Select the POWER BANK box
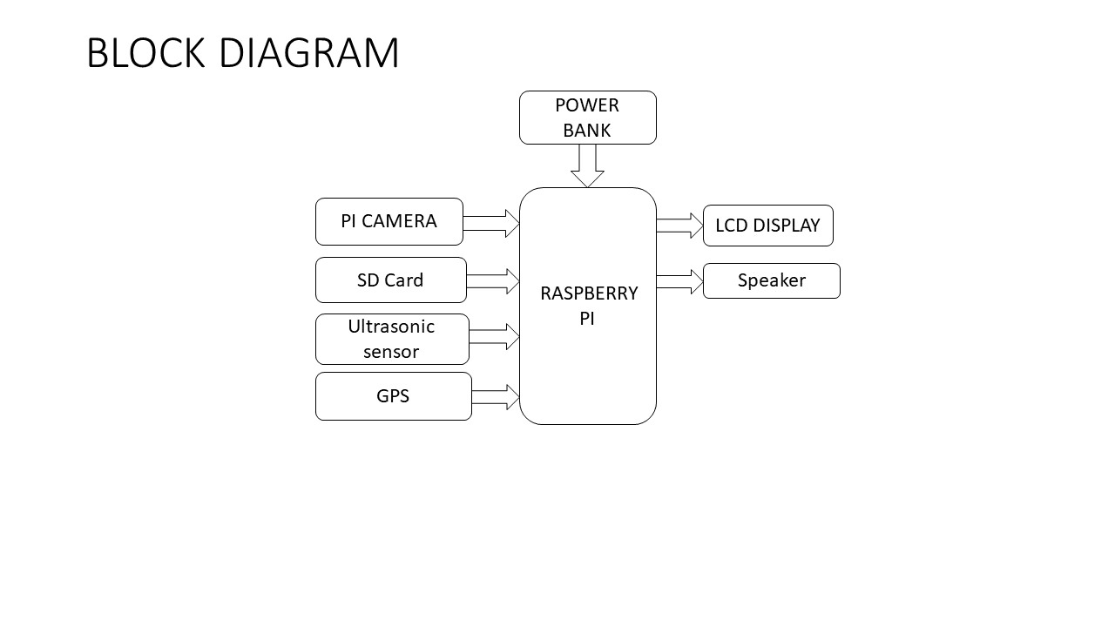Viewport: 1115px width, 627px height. point(587,118)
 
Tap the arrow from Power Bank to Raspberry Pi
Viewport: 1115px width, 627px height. point(587,165)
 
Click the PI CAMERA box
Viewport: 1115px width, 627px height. point(389,221)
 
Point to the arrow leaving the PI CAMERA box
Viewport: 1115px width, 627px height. point(491,224)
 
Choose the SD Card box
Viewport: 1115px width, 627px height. point(390,280)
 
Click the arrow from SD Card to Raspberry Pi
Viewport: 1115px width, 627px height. point(493,281)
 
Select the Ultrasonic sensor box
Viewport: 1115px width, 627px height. point(392,339)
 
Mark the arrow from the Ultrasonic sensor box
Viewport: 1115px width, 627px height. point(494,337)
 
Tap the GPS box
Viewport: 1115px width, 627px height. point(393,396)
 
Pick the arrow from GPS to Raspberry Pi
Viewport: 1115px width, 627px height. point(496,397)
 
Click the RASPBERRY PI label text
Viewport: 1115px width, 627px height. point(588,306)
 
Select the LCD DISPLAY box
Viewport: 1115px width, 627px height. point(767,226)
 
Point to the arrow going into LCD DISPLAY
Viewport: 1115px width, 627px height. point(679,226)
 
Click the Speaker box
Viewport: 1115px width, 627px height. point(771,280)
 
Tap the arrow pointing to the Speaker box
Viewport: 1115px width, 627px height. point(679,281)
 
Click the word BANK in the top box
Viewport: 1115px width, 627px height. point(587,131)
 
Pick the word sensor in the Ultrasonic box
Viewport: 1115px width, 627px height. point(391,352)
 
